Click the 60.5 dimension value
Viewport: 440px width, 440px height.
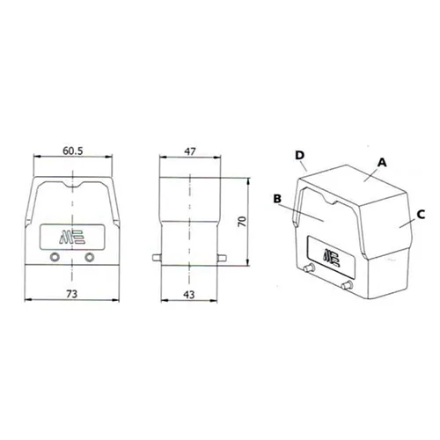(x=73, y=151)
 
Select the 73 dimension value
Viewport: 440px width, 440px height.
(x=71, y=294)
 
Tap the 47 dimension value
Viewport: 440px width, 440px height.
(x=190, y=151)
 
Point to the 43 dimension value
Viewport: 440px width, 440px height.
(x=189, y=294)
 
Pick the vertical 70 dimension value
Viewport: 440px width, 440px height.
(x=242, y=222)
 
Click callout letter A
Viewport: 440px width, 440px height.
(x=382, y=162)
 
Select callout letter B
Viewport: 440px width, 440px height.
(x=277, y=199)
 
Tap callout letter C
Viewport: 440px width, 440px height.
(x=421, y=215)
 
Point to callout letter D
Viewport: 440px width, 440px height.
(x=300, y=155)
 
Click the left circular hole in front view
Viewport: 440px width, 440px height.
(x=55, y=258)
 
